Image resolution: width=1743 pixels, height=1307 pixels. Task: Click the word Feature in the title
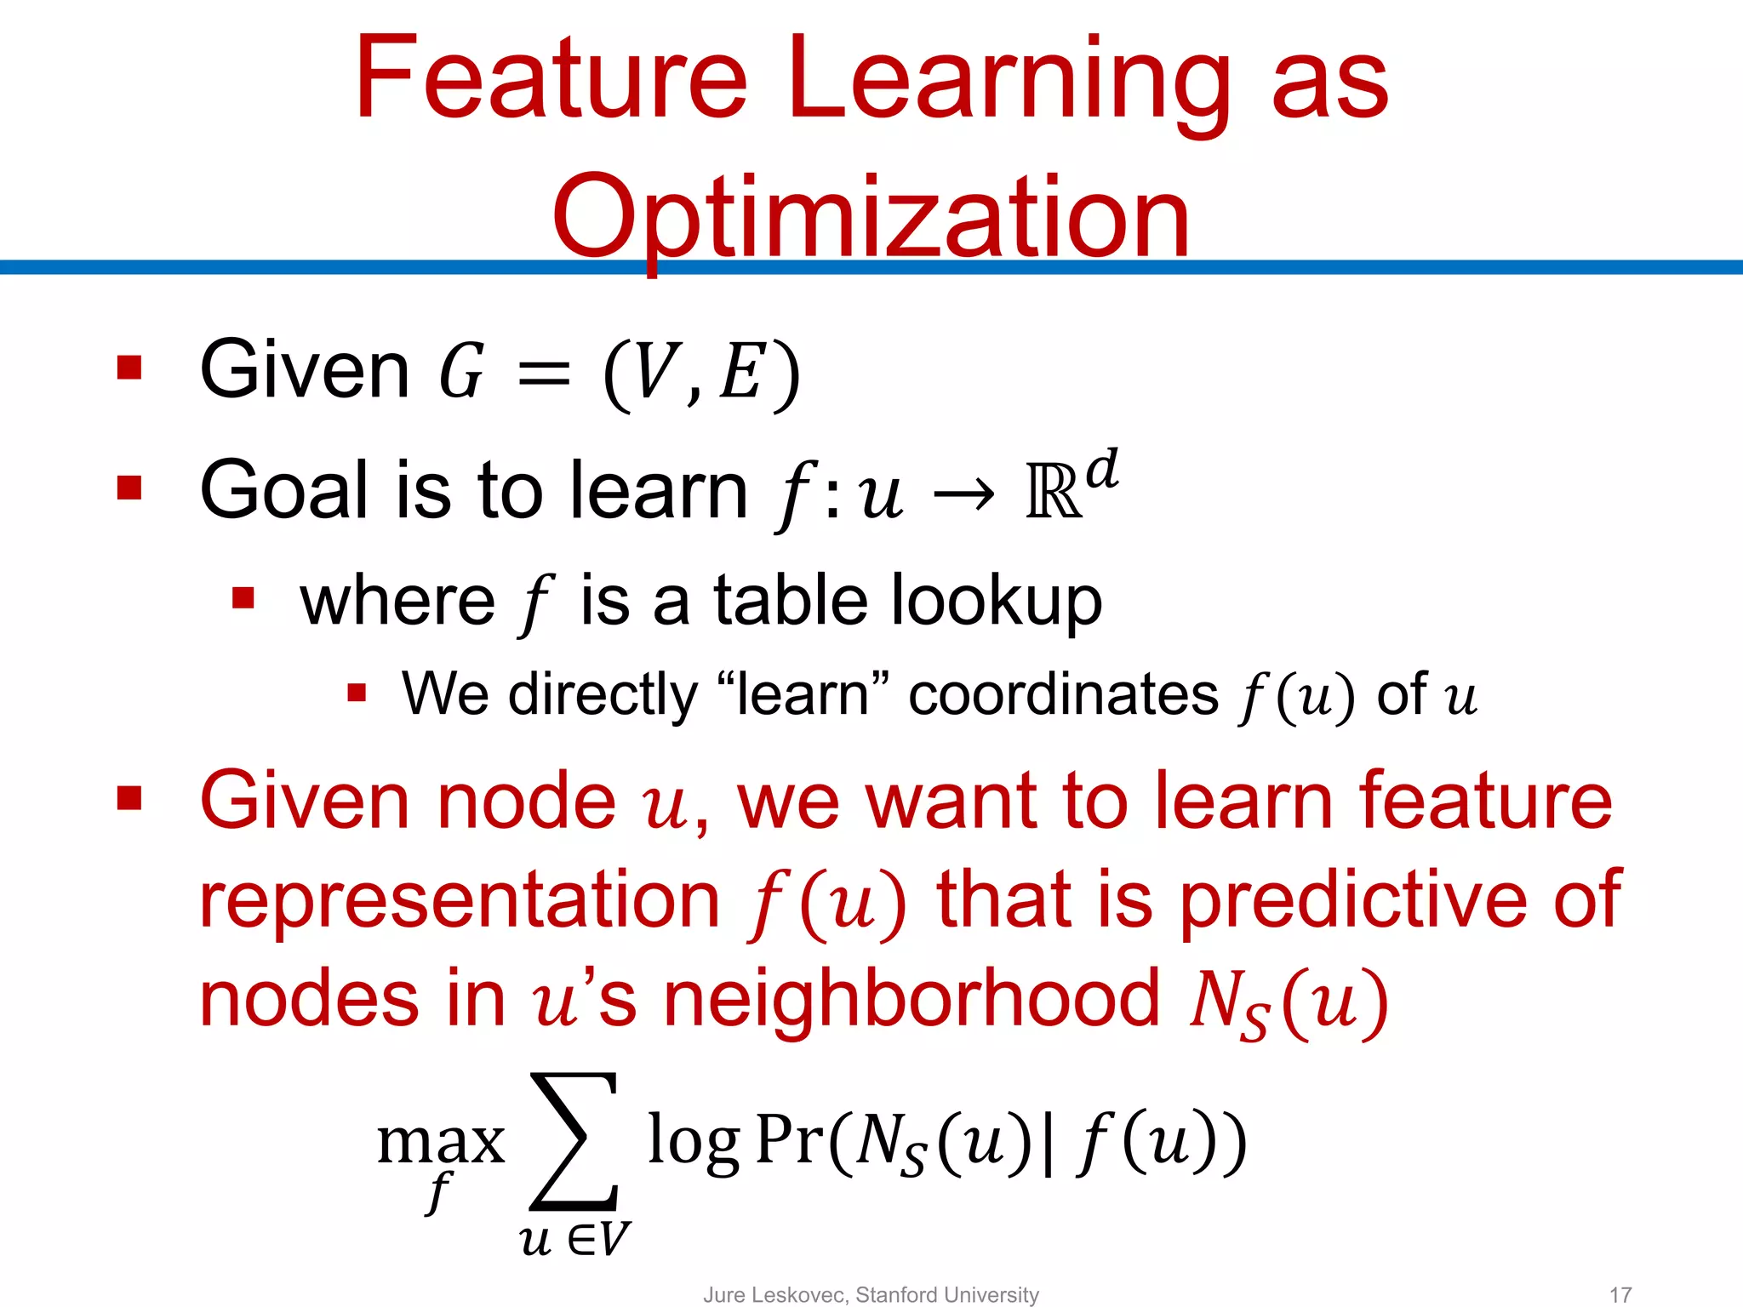click(551, 78)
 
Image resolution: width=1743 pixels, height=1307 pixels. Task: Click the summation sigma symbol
click(574, 1141)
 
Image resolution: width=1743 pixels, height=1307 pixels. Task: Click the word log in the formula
click(693, 1142)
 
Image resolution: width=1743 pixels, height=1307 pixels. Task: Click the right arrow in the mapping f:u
click(963, 494)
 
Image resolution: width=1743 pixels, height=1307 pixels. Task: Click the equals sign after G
click(543, 373)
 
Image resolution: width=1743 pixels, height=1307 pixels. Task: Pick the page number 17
click(1620, 1294)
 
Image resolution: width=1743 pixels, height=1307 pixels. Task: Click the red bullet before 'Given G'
click(129, 368)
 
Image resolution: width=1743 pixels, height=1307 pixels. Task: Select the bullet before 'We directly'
click(357, 693)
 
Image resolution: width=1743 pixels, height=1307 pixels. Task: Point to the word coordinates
click(1063, 694)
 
